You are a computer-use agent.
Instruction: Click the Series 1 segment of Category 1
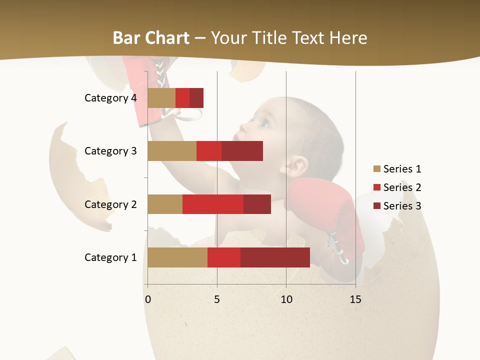(x=177, y=257)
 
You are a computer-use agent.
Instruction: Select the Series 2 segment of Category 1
(x=223, y=257)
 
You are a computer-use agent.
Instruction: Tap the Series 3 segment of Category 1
(x=275, y=257)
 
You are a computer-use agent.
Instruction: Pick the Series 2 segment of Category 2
(x=212, y=204)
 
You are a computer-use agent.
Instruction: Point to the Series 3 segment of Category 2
(x=257, y=204)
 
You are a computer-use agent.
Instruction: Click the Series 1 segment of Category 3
(x=171, y=151)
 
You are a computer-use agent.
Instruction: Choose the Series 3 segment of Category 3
(x=242, y=151)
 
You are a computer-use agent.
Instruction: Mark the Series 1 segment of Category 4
(x=161, y=98)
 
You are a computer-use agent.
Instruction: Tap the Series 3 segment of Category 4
(x=196, y=98)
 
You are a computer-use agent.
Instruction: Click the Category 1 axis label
(x=110, y=257)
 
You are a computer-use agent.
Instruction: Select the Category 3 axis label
(x=110, y=151)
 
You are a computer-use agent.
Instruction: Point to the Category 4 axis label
(x=110, y=98)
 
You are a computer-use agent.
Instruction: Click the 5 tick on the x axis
(x=217, y=299)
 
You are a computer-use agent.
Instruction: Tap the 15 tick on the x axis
(x=355, y=299)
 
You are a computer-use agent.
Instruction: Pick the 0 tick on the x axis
(x=148, y=299)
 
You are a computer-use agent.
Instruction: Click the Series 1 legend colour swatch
(x=376, y=169)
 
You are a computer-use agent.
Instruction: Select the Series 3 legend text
(x=402, y=206)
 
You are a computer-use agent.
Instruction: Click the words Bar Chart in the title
(x=151, y=38)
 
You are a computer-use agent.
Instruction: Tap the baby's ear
(x=299, y=166)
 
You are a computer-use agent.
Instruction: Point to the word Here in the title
(x=347, y=38)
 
